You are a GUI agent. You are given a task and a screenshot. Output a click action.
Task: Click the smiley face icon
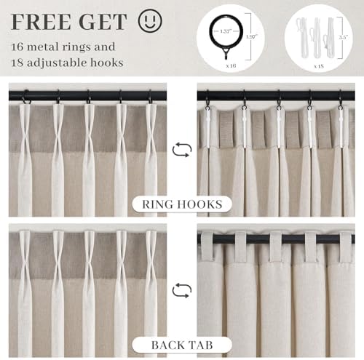(x=150, y=20)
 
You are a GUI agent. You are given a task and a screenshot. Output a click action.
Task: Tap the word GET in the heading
(x=103, y=22)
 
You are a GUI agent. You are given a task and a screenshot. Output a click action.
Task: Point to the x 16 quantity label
(x=231, y=65)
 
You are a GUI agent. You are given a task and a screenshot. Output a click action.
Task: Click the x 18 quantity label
(x=319, y=66)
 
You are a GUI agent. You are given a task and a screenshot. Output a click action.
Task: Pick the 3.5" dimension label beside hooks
(x=344, y=38)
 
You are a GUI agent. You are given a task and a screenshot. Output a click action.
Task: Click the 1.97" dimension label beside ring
(x=251, y=36)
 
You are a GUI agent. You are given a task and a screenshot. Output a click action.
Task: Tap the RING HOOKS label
(x=182, y=204)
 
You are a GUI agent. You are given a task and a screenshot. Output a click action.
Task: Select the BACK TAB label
(x=182, y=345)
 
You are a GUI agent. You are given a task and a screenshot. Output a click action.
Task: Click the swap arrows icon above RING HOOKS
(x=182, y=150)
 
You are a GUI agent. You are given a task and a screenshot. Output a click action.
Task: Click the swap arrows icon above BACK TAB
(x=182, y=290)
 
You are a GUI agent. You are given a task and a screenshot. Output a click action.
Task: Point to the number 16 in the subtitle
(x=17, y=47)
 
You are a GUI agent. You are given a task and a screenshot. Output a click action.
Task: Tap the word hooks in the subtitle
(x=107, y=63)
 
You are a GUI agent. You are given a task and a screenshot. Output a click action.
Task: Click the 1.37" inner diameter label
(x=226, y=31)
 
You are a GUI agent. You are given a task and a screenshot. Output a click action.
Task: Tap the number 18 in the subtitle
(x=17, y=63)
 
